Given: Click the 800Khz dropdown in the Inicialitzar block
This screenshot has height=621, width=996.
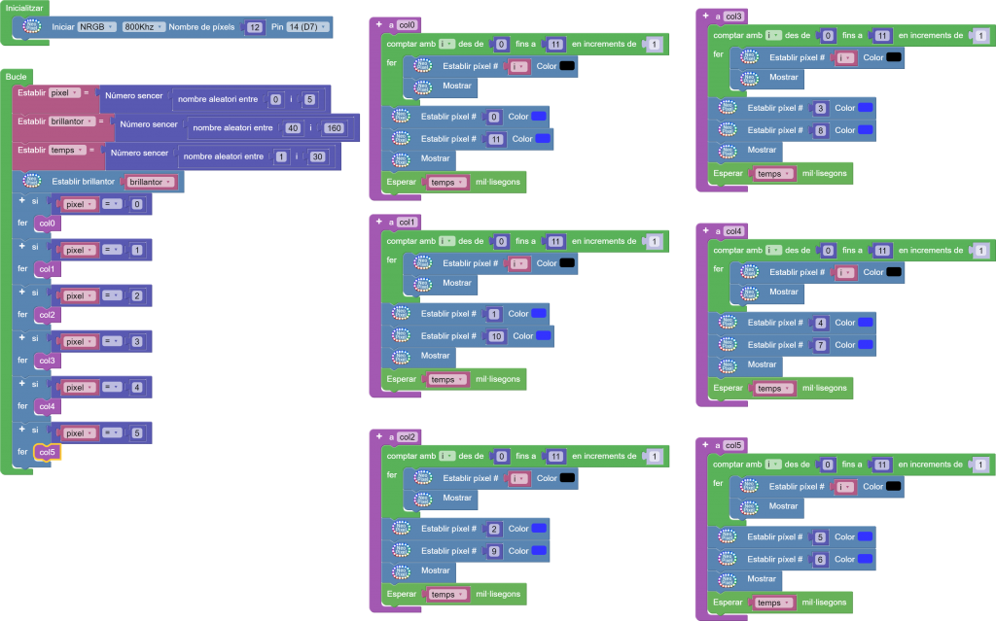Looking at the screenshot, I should [144, 27].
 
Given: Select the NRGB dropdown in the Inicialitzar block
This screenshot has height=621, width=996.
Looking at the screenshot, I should [96, 27].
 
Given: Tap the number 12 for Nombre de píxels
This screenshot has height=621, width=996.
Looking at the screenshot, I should [255, 27].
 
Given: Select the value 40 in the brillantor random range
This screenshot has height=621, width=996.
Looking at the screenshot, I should [293, 128].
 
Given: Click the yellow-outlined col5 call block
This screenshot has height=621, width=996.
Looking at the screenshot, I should [47, 452].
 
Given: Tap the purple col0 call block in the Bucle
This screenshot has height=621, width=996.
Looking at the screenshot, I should [46, 224].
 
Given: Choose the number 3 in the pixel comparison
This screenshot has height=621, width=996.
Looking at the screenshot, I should [136, 341].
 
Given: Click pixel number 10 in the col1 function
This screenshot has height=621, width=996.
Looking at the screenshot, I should [496, 335].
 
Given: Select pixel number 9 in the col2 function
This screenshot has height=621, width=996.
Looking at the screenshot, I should [493, 550].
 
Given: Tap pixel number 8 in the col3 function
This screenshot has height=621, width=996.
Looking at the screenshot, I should [821, 129].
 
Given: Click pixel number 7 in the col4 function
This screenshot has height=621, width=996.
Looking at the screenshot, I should [821, 344].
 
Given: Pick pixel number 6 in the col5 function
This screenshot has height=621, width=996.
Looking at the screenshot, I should [820, 559].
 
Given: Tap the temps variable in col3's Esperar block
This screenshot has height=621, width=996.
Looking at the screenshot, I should [774, 173].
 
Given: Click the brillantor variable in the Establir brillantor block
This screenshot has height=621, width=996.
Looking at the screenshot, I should [151, 182].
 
